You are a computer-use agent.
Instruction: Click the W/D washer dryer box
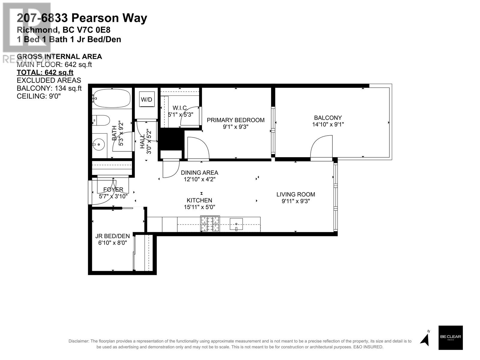[x=147, y=100]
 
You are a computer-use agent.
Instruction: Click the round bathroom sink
[x=98, y=144]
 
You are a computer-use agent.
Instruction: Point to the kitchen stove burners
[x=210, y=224]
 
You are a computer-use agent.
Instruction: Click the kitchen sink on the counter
[x=236, y=224]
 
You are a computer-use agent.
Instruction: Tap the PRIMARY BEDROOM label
[x=235, y=120]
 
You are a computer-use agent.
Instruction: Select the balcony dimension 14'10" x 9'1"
[x=328, y=124]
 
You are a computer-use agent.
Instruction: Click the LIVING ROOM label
[x=295, y=194]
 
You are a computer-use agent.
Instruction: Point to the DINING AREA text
[x=199, y=172]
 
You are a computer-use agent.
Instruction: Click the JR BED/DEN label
[x=112, y=236]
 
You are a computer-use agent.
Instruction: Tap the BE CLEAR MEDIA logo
[x=450, y=337]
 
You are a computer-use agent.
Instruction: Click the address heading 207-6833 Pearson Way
[x=82, y=18]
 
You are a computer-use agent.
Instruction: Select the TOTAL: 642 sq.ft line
[x=45, y=72]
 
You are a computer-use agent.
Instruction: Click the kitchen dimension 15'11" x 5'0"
[x=199, y=207]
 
